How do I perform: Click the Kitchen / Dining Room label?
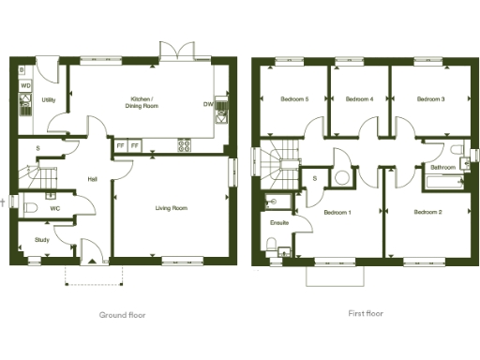[x=143, y=102]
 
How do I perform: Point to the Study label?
[x=41, y=240]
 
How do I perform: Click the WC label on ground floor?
[x=55, y=208]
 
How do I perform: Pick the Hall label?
[x=93, y=180]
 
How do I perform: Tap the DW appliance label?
[x=207, y=104]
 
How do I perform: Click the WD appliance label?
[x=25, y=86]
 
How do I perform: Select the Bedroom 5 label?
[x=293, y=98]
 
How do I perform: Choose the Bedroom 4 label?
[x=359, y=98]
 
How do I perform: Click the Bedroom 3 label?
[x=430, y=98]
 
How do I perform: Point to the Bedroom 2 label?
[x=427, y=212]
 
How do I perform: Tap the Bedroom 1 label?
[x=337, y=213]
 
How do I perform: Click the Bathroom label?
[x=442, y=167]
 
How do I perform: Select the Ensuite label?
[x=278, y=223]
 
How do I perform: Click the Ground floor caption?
[x=123, y=314]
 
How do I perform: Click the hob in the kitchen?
[x=185, y=145]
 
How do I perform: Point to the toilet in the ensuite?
[x=272, y=247]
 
